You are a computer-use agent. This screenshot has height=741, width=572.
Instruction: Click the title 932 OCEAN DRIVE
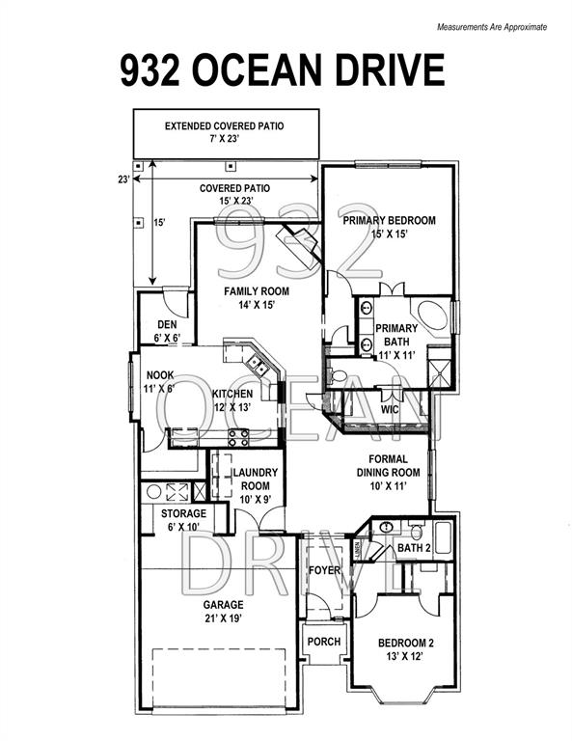click(283, 70)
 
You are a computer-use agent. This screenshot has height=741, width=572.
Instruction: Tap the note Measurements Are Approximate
click(492, 27)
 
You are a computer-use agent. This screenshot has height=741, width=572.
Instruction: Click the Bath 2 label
click(414, 548)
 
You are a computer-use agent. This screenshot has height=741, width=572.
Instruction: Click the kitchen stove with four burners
click(238, 437)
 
